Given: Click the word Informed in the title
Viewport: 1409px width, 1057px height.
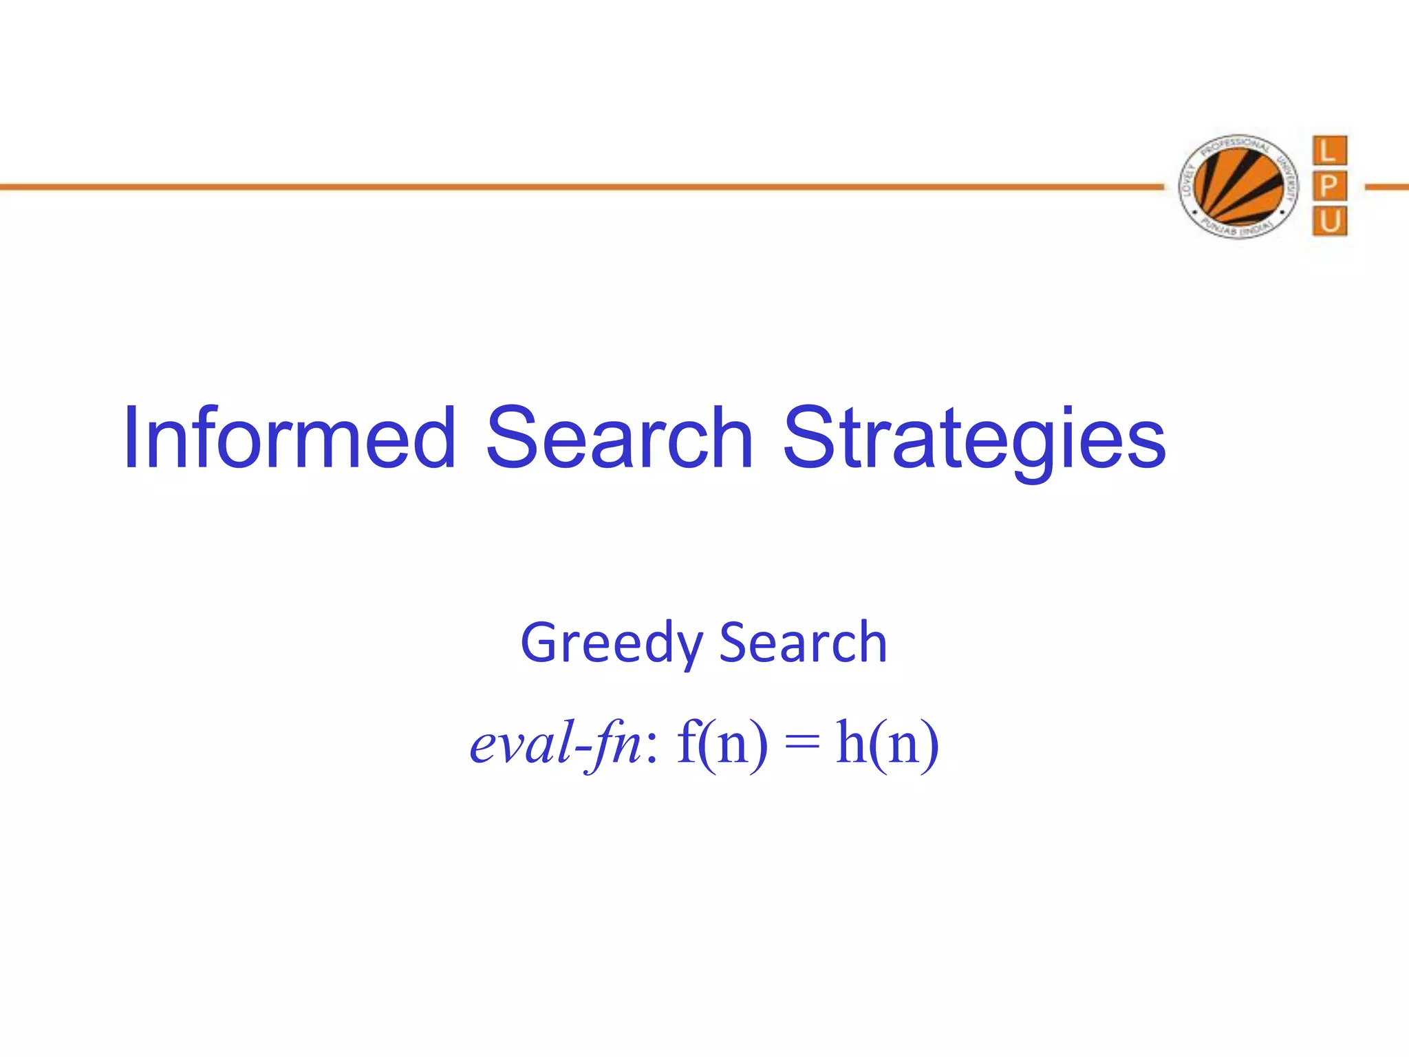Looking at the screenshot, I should pos(289,438).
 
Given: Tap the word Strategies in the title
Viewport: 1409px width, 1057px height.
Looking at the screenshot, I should pos(974,440).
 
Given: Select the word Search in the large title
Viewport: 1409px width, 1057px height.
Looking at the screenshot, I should pos(619,438).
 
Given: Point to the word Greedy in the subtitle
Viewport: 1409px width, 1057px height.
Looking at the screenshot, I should pos(611,644).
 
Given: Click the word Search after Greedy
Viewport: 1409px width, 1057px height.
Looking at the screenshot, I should pos(803,643).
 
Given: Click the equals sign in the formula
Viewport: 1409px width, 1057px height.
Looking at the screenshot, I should pos(802,743).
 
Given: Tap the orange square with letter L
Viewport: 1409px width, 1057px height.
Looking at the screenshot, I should pos(1329,151).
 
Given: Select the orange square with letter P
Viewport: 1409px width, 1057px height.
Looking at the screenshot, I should pos(1329,186).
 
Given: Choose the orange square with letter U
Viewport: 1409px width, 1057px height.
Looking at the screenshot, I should pos(1329,221).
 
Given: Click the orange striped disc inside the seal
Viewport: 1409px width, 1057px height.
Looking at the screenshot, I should pos(1238,186).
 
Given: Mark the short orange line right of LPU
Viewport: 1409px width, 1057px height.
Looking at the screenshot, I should pos(1387,186).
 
